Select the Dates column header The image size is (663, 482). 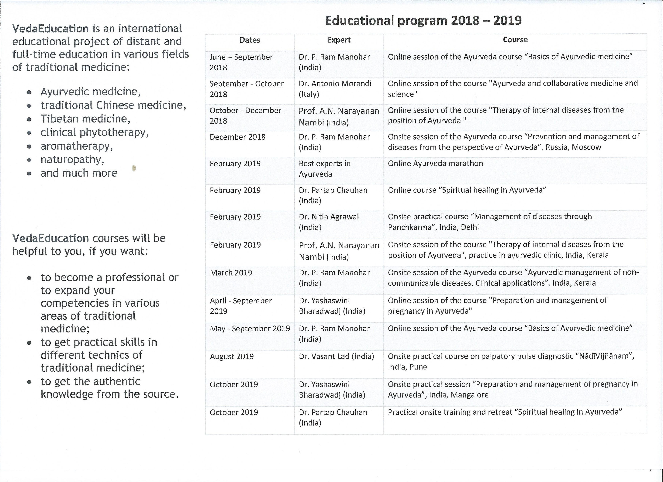click(250, 40)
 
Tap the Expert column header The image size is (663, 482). click(339, 40)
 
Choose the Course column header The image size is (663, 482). click(515, 40)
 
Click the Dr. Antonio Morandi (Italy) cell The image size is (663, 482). click(335, 89)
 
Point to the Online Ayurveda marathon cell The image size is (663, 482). click(435, 163)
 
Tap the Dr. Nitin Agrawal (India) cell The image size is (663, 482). click(329, 222)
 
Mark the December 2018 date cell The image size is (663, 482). click(237, 137)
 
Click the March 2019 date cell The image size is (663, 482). click(231, 273)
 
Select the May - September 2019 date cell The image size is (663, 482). click(250, 329)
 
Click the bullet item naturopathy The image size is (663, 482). click(72, 160)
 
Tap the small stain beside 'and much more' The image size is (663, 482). click(134, 168)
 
